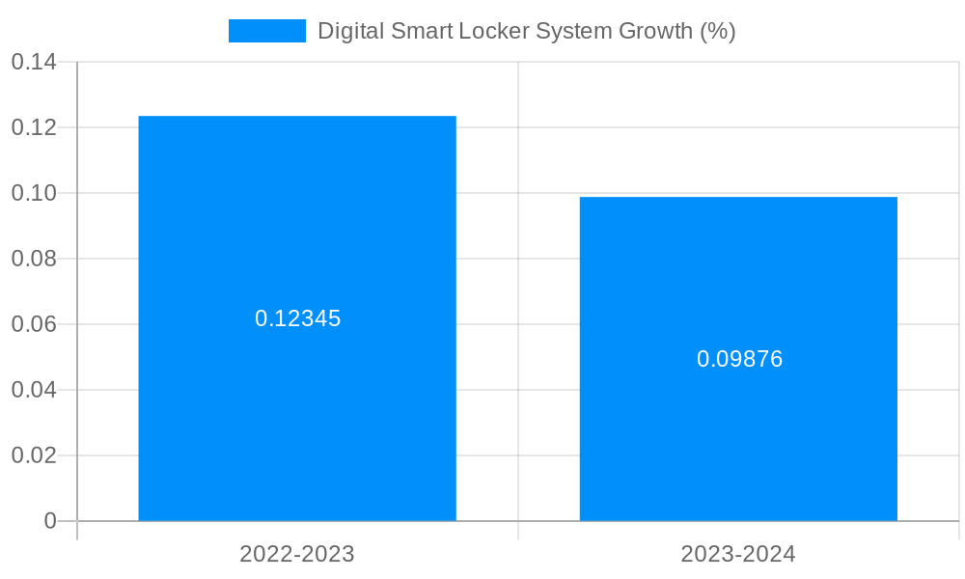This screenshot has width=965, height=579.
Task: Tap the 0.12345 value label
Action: tap(297, 318)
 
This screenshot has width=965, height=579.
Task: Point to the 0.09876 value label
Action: tap(739, 359)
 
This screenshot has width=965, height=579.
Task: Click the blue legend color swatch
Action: tap(266, 31)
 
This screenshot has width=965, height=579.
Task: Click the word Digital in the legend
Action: tap(350, 31)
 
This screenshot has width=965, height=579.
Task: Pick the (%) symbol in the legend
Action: tap(718, 31)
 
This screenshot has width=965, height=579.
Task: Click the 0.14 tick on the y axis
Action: tap(34, 63)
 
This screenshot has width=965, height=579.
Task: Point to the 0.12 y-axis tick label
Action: tap(34, 127)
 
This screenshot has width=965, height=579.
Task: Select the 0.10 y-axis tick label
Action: tap(34, 193)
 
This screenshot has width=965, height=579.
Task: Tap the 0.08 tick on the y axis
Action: tap(34, 259)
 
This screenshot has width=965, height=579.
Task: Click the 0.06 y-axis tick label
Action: tap(34, 324)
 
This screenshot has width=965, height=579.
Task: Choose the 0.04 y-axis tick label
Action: tap(34, 390)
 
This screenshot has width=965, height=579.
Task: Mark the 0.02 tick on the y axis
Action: tap(34, 455)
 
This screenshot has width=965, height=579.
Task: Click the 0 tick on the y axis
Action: tap(50, 521)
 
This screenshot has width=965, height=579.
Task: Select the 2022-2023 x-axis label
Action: tap(297, 554)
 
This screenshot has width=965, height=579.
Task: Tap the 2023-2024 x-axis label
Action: tap(738, 554)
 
